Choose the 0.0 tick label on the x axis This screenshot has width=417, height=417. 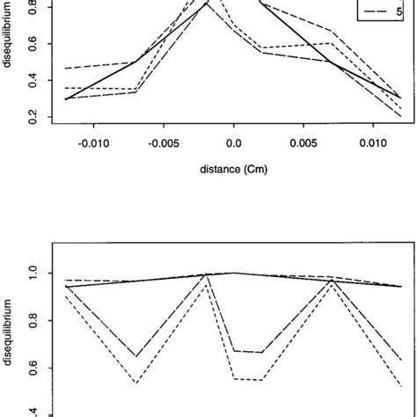(x=234, y=163)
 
